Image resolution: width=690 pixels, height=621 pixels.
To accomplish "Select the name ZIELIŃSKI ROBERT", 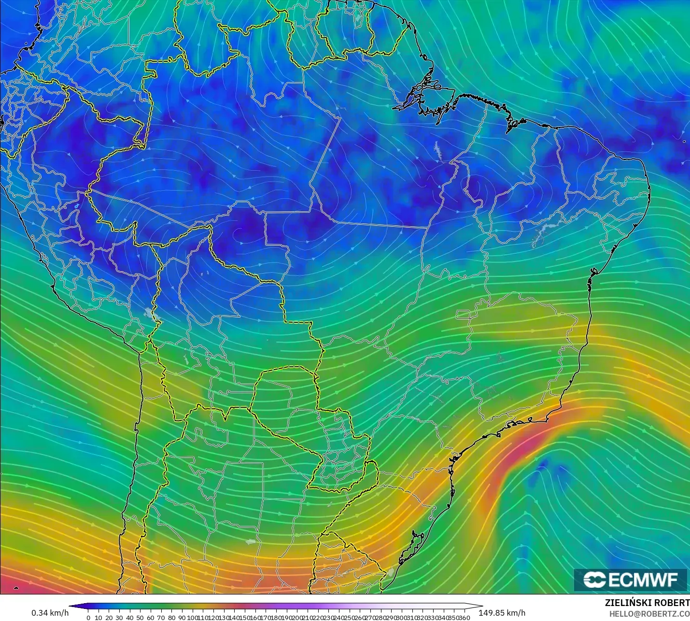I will (x=647, y=603).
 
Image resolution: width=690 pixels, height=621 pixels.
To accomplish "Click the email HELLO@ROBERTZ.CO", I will (x=649, y=614).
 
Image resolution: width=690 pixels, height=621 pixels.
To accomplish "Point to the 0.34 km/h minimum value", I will (x=50, y=613).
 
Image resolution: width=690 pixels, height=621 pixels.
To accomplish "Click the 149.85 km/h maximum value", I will (x=502, y=613).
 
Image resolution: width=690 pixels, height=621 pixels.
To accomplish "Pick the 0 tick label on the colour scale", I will (x=88, y=618).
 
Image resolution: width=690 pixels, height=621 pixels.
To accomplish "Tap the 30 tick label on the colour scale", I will (x=119, y=618).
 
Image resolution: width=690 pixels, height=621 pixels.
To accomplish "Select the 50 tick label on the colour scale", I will (x=140, y=618).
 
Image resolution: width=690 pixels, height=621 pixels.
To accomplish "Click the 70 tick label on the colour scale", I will (x=161, y=618).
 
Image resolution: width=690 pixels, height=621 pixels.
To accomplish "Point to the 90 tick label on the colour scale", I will (x=182, y=618).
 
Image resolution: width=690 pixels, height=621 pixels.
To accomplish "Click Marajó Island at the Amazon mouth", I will (x=432, y=99).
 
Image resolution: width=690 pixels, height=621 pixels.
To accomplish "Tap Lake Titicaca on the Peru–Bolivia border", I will (x=154, y=315).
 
